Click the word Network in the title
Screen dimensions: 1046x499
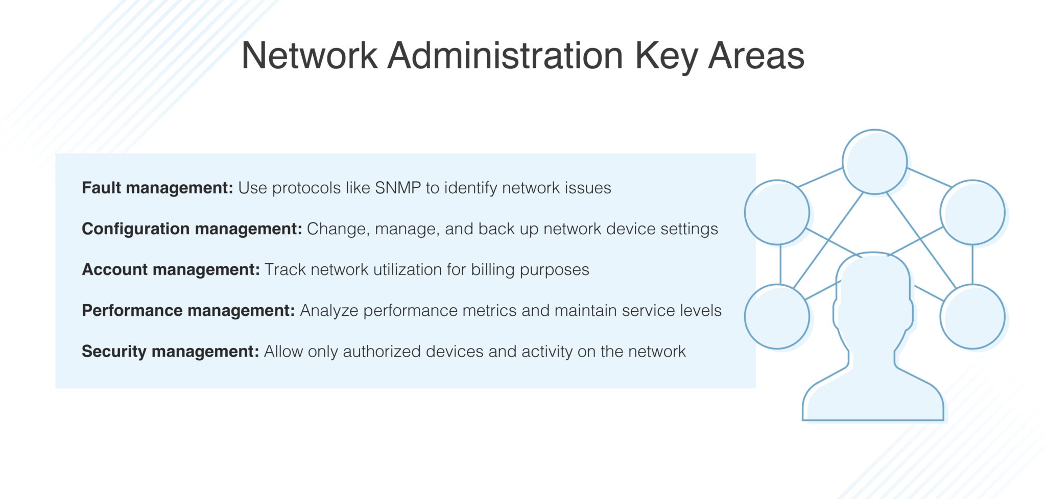click(x=310, y=55)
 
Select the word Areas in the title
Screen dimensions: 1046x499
click(x=756, y=55)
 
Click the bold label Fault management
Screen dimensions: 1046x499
click(x=157, y=188)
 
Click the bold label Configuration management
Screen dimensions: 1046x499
click(x=192, y=229)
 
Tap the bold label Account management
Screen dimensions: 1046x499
click(x=171, y=269)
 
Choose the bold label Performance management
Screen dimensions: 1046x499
click(x=188, y=310)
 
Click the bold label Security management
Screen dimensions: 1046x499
click(x=171, y=352)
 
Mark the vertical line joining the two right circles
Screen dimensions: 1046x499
click(x=972, y=264)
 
